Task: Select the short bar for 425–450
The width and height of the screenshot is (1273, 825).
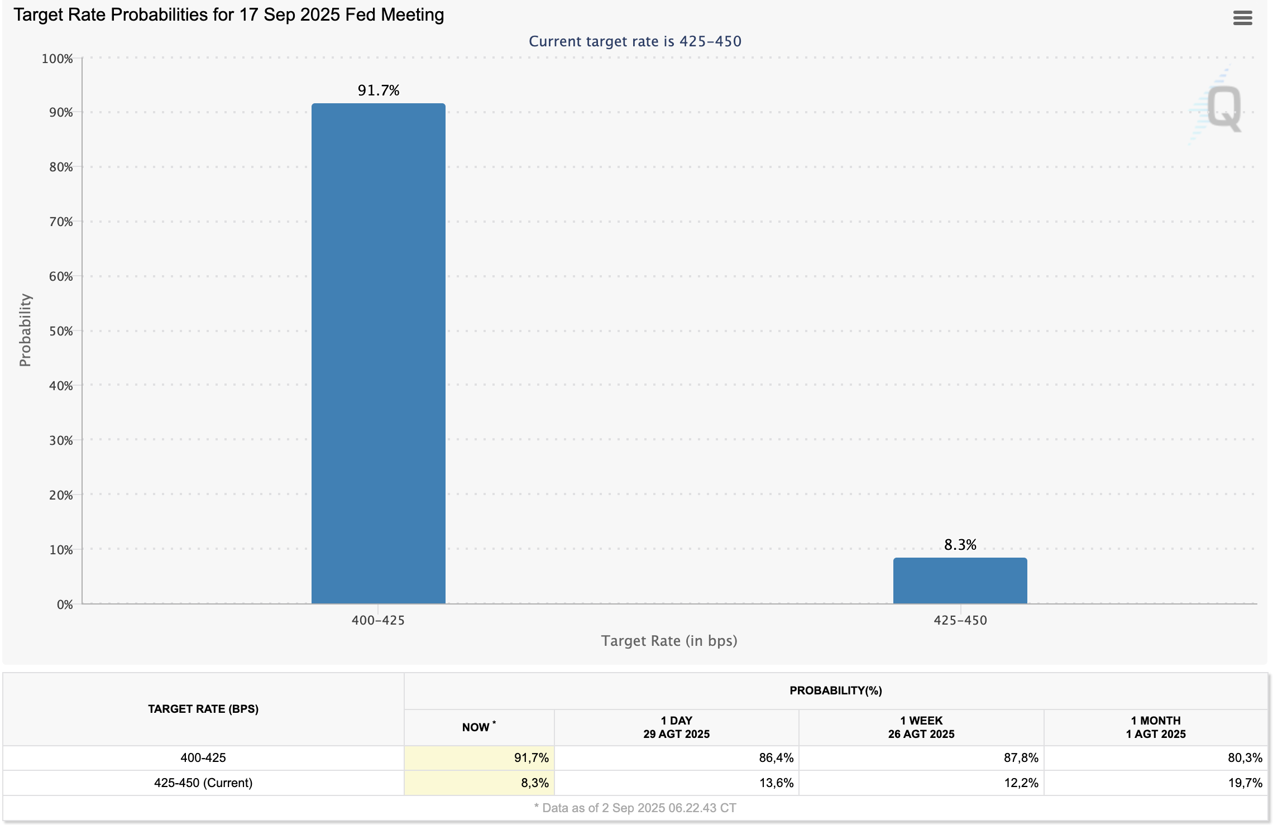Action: click(x=960, y=581)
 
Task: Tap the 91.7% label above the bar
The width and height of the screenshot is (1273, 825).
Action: click(x=379, y=90)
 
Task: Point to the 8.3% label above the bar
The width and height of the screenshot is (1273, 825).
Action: click(x=960, y=545)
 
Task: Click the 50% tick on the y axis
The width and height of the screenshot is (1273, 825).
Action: click(x=61, y=331)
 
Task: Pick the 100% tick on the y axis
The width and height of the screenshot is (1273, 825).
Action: click(x=57, y=59)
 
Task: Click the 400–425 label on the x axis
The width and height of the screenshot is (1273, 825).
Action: click(x=378, y=620)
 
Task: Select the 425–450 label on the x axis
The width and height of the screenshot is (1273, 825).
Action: click(x=960, y=620)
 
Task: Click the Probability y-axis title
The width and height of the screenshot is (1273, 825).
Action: click(x=25, y=330)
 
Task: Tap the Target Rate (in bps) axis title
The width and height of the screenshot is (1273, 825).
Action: click(x=669, y=641)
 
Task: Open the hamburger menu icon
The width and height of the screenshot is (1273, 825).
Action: click(x=1242, y=18)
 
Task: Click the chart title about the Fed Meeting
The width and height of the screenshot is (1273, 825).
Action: click(x=229, y=15)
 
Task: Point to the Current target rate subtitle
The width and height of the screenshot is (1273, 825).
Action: click(x=635, y=41)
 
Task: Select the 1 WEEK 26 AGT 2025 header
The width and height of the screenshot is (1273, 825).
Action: click(x=921, y=727)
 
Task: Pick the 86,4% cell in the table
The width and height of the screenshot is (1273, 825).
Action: click(x=776, y=757)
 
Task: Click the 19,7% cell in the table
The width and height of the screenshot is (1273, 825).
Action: click(x=1245, y=783)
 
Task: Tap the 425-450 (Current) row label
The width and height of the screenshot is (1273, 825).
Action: click(x=203, y=783)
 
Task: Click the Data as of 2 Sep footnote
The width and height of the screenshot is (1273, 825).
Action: click(x=635, y=808)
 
